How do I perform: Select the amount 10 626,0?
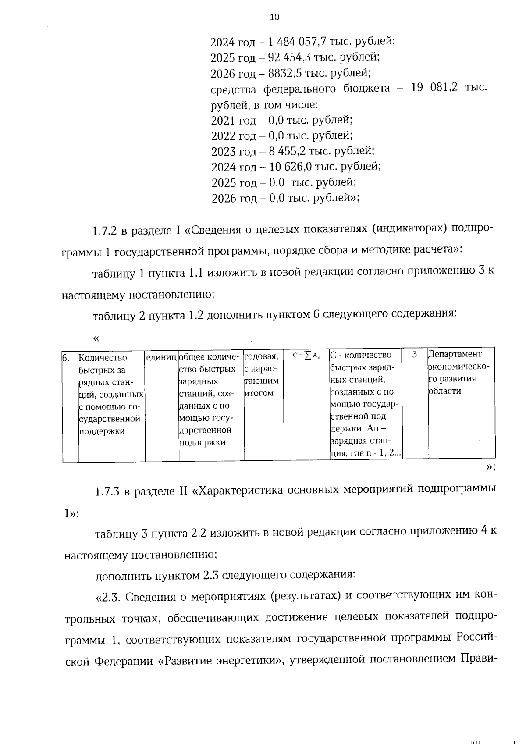click(x=290, y=167)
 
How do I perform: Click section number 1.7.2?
click(x=105, y=230)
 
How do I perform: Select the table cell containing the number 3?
click(x=414, y=354)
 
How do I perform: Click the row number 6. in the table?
click(x=66, y=358)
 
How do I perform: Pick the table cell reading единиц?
click(x=161, y=358)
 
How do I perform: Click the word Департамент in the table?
click(x=455, y=354)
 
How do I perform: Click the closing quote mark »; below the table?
click(x=490, y=467)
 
